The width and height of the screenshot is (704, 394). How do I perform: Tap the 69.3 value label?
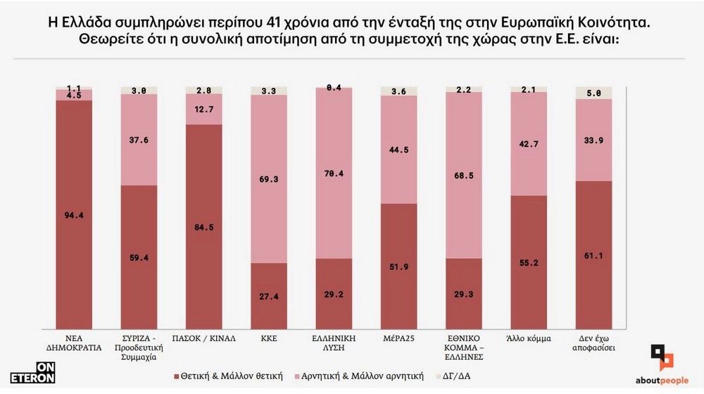click(x=268, y=179)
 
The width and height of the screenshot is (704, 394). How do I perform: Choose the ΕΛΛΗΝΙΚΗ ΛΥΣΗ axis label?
click(x=333, y=343)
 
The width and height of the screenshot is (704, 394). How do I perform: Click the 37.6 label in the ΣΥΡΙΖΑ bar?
click(x=139, y=139)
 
